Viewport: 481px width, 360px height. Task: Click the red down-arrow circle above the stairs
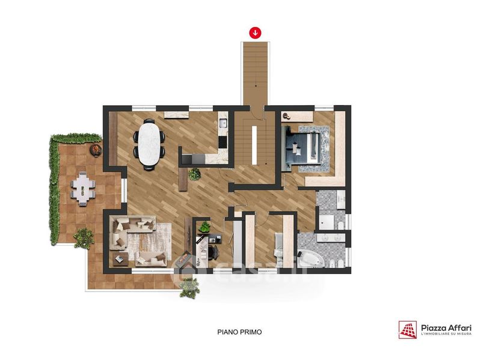[x=255, y=32]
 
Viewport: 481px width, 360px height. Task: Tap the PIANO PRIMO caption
[x=239, y=332]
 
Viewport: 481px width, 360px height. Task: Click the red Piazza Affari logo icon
[x=408, y=329]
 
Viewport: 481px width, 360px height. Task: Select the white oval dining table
[x=149, y=144]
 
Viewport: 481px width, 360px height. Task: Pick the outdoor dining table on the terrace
[x=83, y=189]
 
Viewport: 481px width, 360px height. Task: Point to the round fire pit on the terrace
[x=96, y=150]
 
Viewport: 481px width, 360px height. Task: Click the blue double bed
[x=302, y=148]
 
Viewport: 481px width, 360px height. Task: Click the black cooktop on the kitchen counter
[x=222, y=142]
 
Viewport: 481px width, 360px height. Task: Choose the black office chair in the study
[x=213, y=251]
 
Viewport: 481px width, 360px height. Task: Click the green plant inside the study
[x=204, y=227]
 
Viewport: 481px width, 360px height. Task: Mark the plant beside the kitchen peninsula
[x=194, y=174]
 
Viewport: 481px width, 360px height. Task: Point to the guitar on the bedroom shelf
[x=287, y=116]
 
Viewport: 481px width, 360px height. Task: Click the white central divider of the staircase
[x=254, y=145]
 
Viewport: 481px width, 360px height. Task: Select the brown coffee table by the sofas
[x=120, y=260]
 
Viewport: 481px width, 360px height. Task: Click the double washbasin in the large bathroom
[x=331, y=237]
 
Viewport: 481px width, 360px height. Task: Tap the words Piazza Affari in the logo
[x=446, y=328]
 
